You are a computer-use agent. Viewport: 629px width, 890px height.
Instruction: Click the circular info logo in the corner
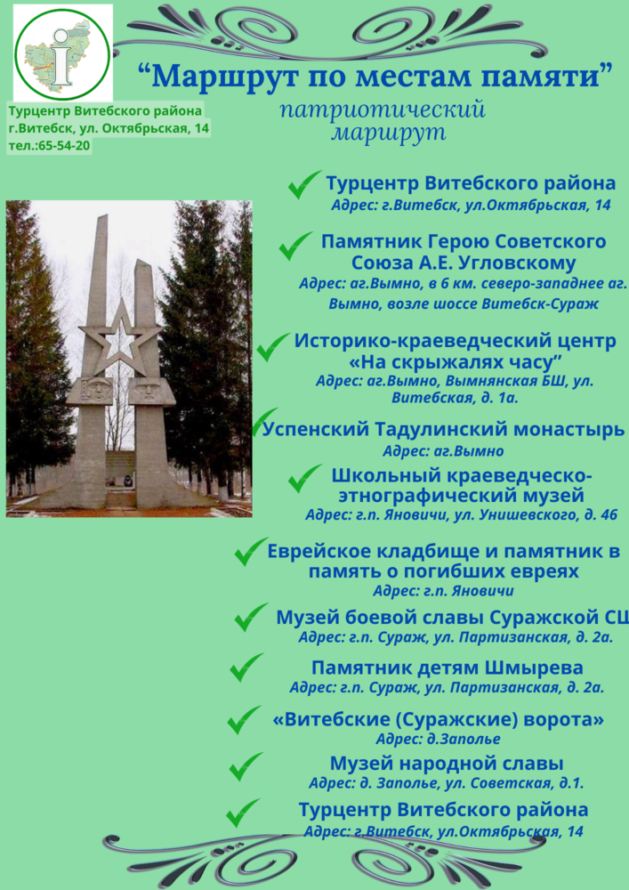(x=62, y=54)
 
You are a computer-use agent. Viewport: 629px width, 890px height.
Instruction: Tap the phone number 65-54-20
(x=64, y=146)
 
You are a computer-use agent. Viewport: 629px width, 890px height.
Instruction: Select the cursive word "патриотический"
(x=383, y=109)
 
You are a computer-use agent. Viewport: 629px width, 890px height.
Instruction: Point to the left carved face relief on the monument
(x=97, y=391)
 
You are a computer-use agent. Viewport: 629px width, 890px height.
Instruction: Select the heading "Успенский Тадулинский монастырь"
(x=444, y=430)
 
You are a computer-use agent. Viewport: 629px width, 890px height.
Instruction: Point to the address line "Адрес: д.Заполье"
(x=438, y=739)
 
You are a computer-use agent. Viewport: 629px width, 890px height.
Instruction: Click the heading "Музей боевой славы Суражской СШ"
(x=452, y=617)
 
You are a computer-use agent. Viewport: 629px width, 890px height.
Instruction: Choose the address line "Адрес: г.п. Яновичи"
(x=444, y=591)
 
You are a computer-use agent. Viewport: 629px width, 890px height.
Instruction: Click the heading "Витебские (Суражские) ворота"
(x=439, y=719)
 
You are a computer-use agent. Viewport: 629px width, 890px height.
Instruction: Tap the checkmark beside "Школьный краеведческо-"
(x=305, y=479)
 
